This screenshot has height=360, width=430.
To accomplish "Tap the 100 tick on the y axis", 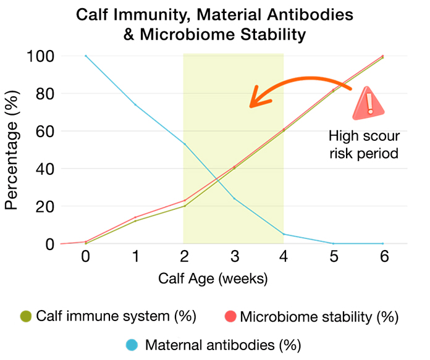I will [x=41, y=56].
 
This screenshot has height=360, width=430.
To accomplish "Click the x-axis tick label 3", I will [x=235, y=257].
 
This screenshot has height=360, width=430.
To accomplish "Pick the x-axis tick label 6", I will [x=383, y=257].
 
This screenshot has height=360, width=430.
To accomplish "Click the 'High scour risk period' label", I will [x=365, y=144].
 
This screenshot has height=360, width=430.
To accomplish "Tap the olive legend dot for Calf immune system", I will [x=26, y=317].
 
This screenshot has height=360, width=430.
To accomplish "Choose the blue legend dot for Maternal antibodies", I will [x=131, y=343].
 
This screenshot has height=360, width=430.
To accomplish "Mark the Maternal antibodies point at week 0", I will [x=86, y=56].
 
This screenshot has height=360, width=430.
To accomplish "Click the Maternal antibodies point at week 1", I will [x=135, y=105].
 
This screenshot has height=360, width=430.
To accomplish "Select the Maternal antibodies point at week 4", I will [x=284, y=234].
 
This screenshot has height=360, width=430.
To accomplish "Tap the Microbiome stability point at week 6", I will [x=383, y=56].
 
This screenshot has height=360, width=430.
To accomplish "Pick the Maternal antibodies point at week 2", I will [x=185, y=144].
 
